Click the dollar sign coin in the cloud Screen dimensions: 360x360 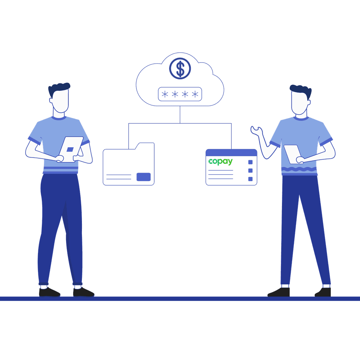(x=180, y=69)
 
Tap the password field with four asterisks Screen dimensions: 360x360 (x=180, y=94)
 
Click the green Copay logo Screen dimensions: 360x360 (x=220, y=161)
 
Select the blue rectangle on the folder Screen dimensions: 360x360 (x=143, y=177)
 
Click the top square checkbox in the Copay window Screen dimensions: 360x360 (x=250, y=162)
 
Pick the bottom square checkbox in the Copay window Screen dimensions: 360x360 (x=250, y=179)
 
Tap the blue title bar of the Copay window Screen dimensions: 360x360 (x=231, y=152)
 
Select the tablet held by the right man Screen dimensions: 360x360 (x=292, y=153)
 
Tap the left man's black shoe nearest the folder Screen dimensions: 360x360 (x=83, y=292)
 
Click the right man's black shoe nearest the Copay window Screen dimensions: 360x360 (x=279, y=292)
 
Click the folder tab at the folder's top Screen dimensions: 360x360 (x=145, y=146)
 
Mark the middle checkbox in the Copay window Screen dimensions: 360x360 (x=250, y=171)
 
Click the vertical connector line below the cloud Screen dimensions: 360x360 (x=180, y=114)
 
